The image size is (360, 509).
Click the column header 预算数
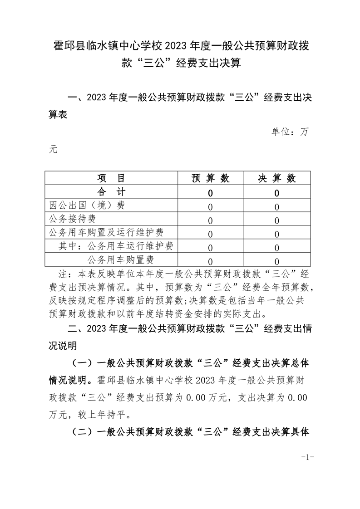tap(210, 178)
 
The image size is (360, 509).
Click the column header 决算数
tap(276, 178)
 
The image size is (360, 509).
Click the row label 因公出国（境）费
tap(87, 206)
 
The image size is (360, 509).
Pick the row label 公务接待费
tap(72, 219)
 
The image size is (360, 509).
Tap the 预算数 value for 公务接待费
tap(210, 221)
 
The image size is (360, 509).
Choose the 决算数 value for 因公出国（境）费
tap(276, 207)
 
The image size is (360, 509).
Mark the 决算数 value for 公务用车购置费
tap(276, 261)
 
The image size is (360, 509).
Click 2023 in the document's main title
tap(181, 46)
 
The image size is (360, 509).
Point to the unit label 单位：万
tap(290, 132)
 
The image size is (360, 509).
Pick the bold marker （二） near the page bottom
tap(83, 432)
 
